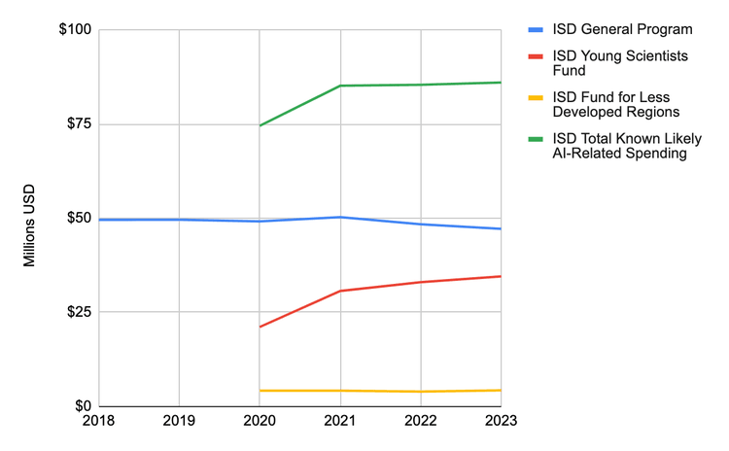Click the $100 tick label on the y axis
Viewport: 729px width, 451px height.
[74, 30]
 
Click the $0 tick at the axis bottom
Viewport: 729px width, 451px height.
[83, 406]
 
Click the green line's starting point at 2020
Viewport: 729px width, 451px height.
[260, 125]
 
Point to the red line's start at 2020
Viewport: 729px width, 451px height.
[260, 327]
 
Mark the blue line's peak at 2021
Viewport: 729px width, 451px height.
[340, 217]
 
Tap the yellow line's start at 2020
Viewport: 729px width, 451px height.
[260, 391]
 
